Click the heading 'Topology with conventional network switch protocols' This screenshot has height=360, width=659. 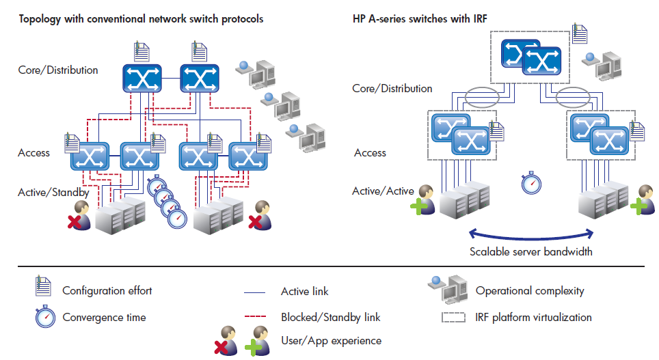point(141,19)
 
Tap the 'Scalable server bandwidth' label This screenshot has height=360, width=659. point(530,251)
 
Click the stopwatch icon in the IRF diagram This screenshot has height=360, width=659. point(531,182)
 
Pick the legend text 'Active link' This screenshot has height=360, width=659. point(304,292)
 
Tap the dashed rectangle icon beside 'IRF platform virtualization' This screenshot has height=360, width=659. point(453,317)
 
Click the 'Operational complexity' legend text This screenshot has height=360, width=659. point(530,291)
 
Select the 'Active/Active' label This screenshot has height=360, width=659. point(383,191)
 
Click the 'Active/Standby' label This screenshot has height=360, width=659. point(53,193)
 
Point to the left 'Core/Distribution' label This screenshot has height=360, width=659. point(58,70)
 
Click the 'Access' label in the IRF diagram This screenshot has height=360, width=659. point(370,153)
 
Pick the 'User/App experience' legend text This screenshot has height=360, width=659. point(331,340)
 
